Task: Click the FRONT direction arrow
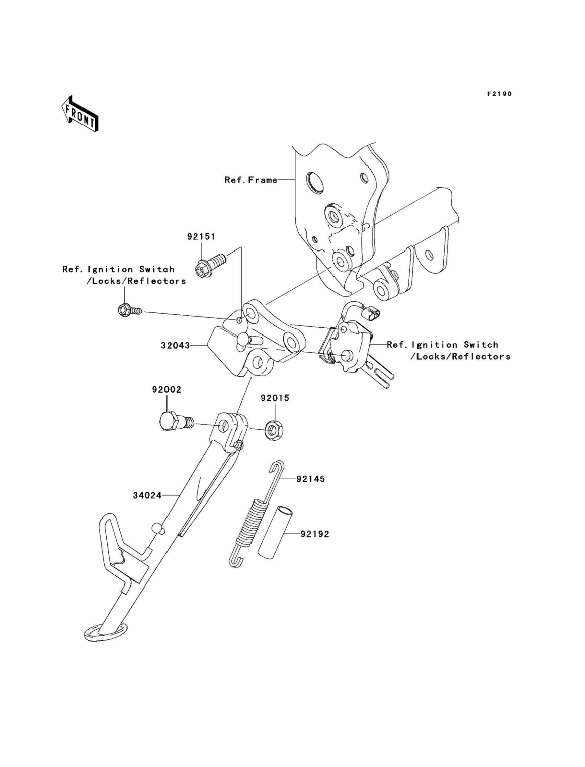(x=80, y=114)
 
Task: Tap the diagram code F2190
(x=499, y=94)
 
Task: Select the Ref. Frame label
(x=251, y=180)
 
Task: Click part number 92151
(x=201, y=236)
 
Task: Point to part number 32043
(x=175, y=346)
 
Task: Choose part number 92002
(x=166, y=389)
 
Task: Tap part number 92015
(x=275, y=398)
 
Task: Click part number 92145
(x=311, y=479)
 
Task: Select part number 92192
(x=315, y=534)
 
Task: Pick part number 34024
(x=147, y=496)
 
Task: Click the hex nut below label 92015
(x=274, y=432)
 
